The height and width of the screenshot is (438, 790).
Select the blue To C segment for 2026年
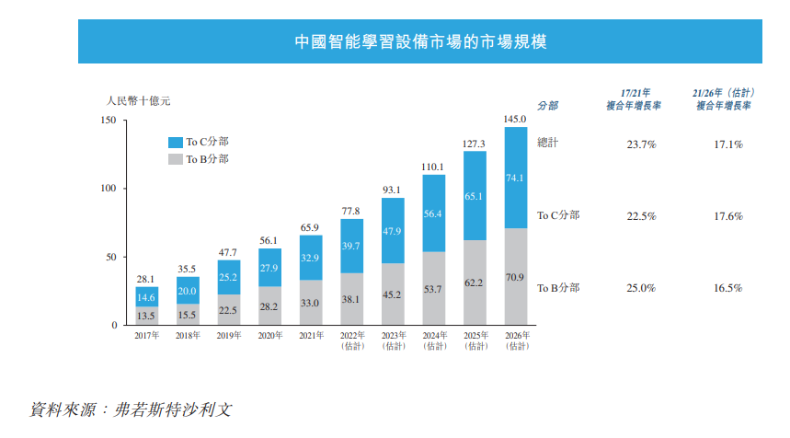coord(515,178)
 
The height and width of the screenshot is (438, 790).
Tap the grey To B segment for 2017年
coord(146,316)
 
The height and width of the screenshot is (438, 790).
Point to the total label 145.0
coord(515,119)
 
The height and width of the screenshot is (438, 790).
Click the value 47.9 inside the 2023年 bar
coord(393,230)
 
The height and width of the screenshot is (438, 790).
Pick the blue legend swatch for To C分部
coord(175,143)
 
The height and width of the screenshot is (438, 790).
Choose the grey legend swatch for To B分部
coord(175,160)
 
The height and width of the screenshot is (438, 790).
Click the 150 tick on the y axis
coord(108,121)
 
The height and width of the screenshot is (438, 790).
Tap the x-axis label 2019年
coord(228,336)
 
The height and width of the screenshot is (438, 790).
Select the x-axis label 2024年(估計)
coord(434,340)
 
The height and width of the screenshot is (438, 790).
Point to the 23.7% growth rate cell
coord(640,144)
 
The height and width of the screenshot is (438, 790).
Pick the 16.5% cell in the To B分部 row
coord(727,288)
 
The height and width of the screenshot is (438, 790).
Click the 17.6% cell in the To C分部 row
coord(727,216)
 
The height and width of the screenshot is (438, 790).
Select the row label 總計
coord(548,143)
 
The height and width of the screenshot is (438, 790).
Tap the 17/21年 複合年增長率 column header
coord(636,99)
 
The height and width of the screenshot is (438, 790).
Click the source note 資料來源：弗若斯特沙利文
coord(131,408)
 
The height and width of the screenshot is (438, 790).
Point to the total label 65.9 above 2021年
coord(311,227)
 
